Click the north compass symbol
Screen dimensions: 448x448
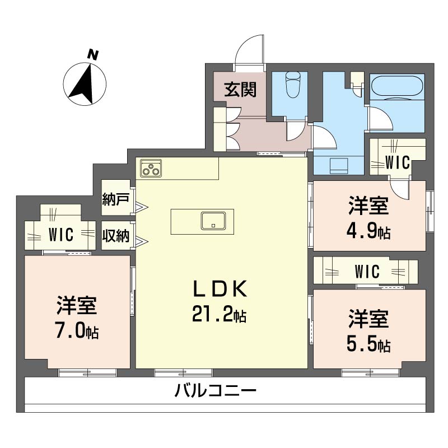[x=86, y=85]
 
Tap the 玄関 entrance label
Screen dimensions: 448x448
[x=241, y=90]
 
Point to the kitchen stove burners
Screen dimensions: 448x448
[x=151, y=168]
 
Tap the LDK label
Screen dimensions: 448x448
[x=220, y=289]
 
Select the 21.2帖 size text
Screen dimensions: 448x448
[x=220, y=315]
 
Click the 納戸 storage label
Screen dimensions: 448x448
[x=116, y=199]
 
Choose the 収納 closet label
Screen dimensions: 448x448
[x=116, y=236]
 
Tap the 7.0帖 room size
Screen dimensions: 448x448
[x=77, y=331]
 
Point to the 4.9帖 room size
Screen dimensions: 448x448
[x=368, y=231]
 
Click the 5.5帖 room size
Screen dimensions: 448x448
[x=368, y=344]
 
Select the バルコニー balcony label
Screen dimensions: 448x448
[x=215, y=390]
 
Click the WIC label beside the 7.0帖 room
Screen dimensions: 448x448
[x=60, y=235]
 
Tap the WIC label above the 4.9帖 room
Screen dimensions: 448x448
[x=398, y=163]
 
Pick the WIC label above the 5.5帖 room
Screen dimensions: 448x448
[x=367, y=272]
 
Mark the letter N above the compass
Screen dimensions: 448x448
[x=93, y=54]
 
